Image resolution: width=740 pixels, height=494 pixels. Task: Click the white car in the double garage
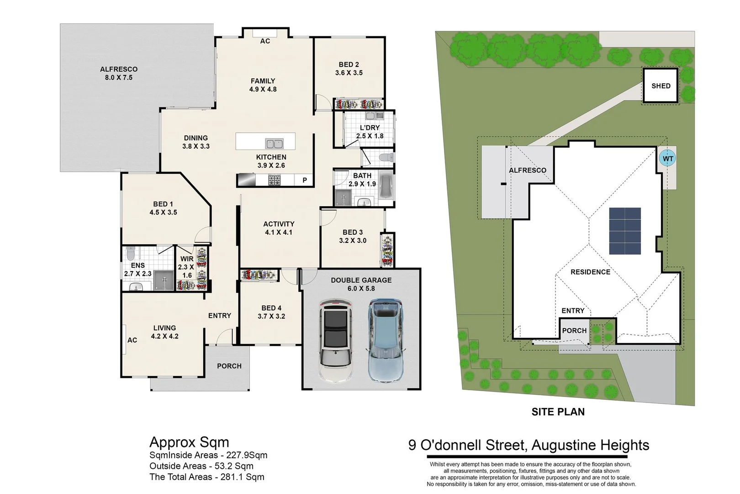tap(335, 340)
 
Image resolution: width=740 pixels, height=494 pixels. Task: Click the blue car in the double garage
tap(386, 340)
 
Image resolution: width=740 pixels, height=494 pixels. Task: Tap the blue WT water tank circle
tap(668, 159)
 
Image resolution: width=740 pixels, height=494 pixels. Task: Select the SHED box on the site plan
tap(661, 86)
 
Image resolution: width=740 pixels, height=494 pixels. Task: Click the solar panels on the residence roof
tap(625, 231)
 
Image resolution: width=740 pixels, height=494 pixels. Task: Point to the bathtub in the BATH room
tap(386, 186)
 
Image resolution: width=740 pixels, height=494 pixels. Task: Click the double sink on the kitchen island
tap(274, 144)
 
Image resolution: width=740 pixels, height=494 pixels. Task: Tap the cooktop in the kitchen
tap(274, 180)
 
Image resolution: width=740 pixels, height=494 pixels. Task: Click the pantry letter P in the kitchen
tap(305, 180)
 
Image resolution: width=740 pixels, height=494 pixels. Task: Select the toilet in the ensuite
tap(131, 253)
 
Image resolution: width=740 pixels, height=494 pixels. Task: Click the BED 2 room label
tap(349, 69)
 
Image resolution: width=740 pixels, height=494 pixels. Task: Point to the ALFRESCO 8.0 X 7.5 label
tap(119, 73)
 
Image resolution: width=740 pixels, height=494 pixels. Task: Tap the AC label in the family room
tap(265, 41)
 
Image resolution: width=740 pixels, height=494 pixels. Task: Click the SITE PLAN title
tap(558, 412)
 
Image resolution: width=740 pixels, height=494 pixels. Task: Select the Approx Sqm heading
tap(189, 442)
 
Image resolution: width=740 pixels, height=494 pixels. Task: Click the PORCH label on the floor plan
tap(229, 366)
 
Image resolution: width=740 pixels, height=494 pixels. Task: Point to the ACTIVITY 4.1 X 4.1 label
tap(279, 228)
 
